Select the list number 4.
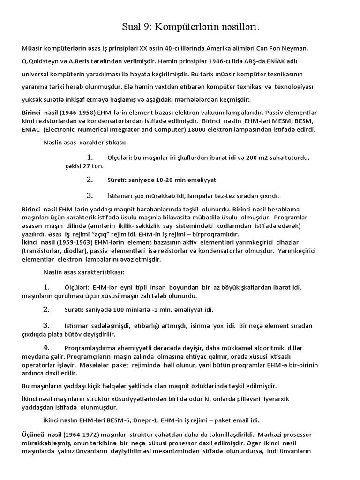tap(46, 347)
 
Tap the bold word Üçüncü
tap(35, 435)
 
